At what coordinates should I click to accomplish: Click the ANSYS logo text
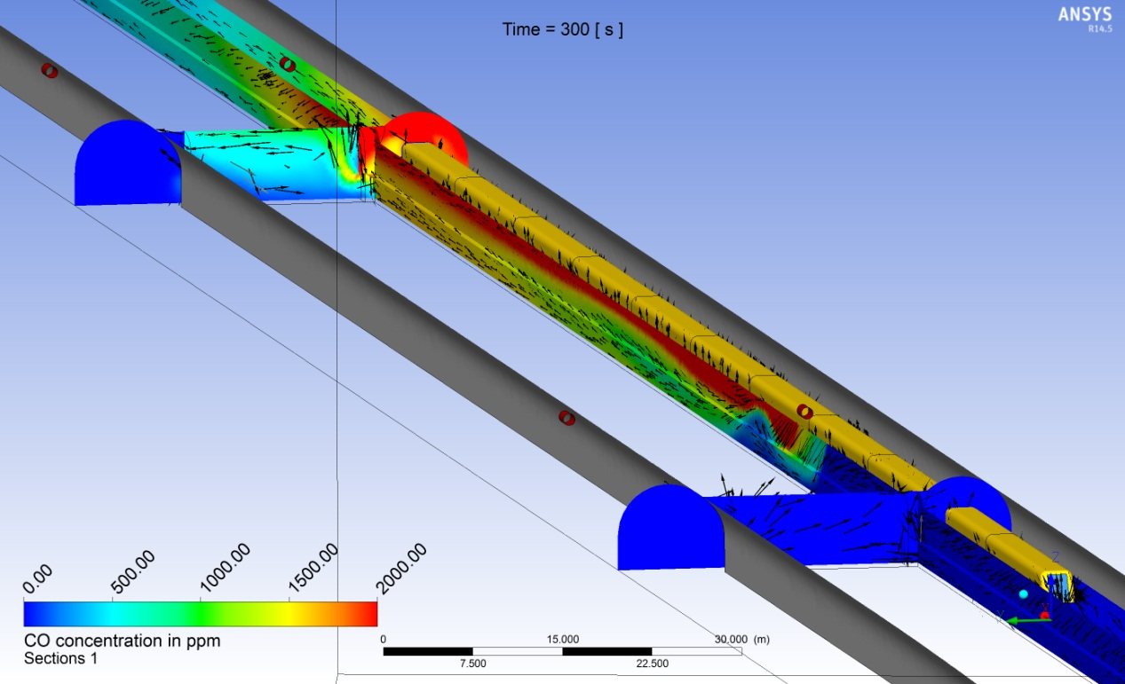coord(1085,14)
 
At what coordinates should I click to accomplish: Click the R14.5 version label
coord(1100,28)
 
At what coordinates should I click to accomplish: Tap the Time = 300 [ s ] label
coord(563,29)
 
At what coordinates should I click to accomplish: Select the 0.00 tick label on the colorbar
coord(37,578)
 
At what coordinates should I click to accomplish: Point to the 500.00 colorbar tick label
coord(132,571)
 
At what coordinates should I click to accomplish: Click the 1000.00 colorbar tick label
coord(225,568)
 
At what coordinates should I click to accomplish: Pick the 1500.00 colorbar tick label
coord(313,568)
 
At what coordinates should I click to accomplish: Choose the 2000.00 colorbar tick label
coord(401,568)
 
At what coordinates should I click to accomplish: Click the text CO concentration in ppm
coord(122,641)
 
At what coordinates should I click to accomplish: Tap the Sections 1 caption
coord(60,658)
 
